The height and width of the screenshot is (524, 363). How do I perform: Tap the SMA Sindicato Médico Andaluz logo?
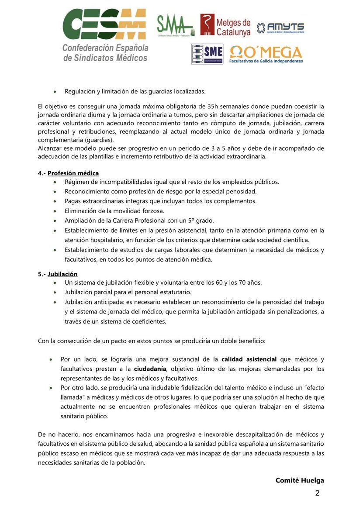(175, 26)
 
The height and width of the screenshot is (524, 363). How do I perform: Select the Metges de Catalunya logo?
(225, 25)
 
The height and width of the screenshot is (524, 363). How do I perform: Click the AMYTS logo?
(280, 28)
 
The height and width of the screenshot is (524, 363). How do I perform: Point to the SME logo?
(207, 54)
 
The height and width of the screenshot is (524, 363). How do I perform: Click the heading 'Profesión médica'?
(73, 173)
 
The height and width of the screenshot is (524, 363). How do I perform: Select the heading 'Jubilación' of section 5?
(62, 274)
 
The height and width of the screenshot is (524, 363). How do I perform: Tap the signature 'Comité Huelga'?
(300, 480)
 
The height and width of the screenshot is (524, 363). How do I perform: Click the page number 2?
(318, 493)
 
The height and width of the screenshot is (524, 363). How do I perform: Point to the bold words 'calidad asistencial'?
(249, 359)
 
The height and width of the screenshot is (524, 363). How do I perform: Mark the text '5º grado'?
(202, 220)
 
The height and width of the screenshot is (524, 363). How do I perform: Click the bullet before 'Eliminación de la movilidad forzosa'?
(55, 211)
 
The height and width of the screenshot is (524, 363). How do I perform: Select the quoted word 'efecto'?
(313, 388)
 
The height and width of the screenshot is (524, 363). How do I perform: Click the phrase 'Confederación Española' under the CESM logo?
(105, 47)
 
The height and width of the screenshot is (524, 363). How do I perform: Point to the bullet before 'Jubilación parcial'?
(55, 293)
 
